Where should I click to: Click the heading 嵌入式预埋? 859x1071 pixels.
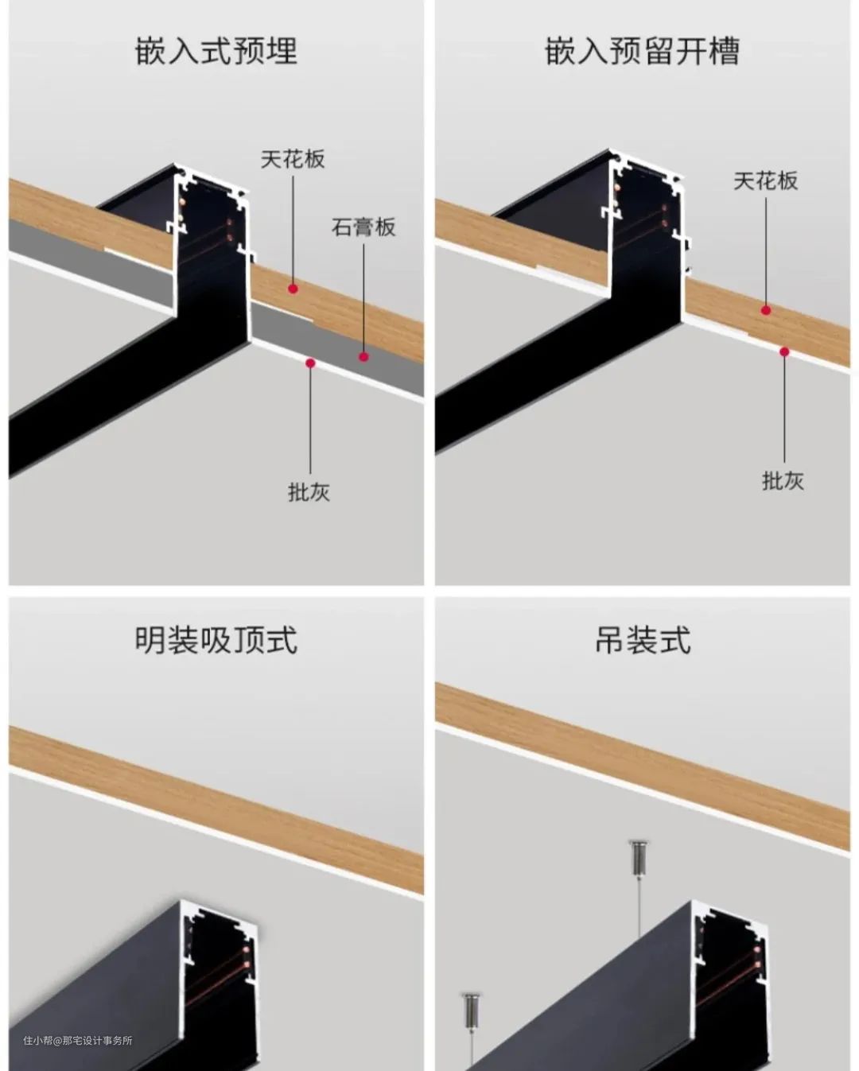coord(216,51)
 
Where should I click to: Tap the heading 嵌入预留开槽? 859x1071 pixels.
coord(643,51)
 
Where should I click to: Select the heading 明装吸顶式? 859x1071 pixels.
coord(216,639)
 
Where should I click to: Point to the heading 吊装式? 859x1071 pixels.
coord(643,639)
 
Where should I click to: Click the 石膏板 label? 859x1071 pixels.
coord(363,227)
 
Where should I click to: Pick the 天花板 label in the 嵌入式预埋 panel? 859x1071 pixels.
coord(293,159)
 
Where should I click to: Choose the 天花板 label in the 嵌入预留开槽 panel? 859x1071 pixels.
coord(766,180)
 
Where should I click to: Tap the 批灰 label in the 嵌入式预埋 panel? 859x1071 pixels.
coord(309,492)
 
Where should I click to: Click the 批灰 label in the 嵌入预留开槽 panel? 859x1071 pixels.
coord(783,481)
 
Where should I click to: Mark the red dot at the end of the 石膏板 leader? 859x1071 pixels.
coord(363,356)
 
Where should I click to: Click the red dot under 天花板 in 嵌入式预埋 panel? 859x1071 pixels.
coord(293,288)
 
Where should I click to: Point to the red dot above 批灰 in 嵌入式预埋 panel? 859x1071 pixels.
coord(310,363)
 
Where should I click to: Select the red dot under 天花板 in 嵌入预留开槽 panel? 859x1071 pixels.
coord(766,311)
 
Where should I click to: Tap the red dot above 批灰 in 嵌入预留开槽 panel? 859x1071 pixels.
coord(784,352)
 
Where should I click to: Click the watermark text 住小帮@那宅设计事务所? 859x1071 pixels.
coord(78,1040)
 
